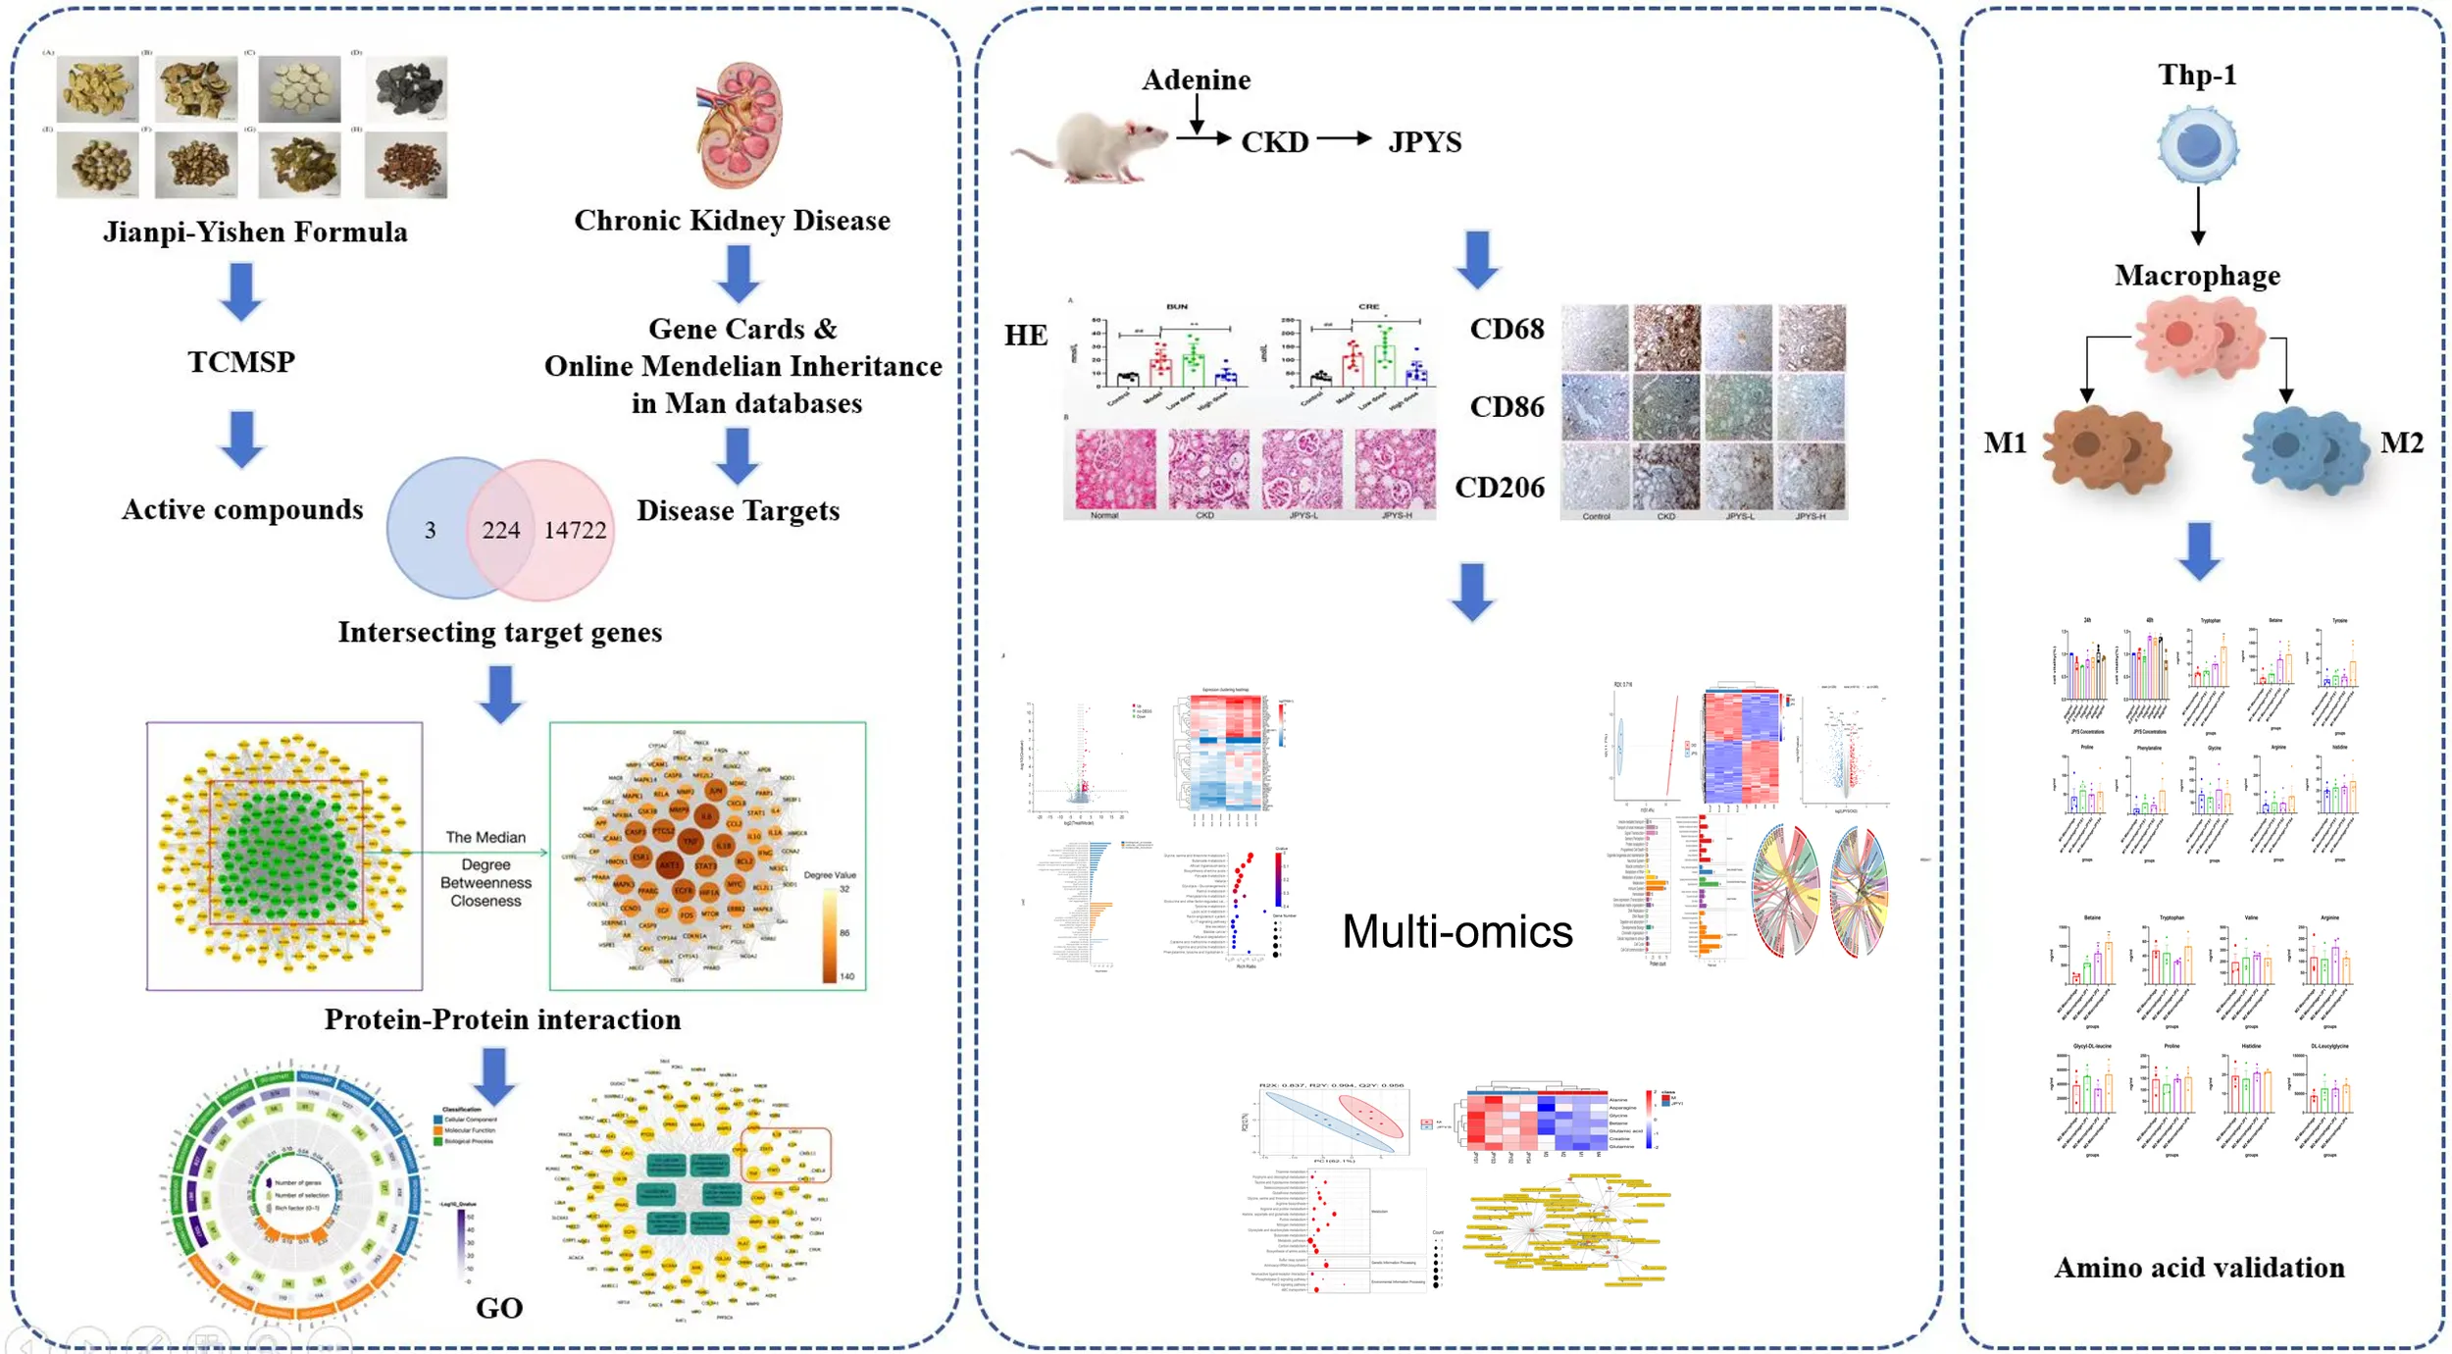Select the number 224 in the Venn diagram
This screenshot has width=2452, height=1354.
coord(500,530)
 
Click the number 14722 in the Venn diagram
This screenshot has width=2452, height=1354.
coord(575,530)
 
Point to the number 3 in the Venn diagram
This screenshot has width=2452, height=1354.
coord(430,530)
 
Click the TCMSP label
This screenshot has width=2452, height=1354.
coord(241,362)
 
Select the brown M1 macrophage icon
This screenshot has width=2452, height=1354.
coord(2107,449)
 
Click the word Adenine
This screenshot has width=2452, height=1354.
coord(1196,79)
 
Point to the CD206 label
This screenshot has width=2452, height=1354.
coord(1499,488)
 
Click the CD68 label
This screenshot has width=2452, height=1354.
coord(1507,329)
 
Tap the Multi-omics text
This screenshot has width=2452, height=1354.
coord(1456,931)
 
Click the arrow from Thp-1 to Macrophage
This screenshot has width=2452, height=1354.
coord(2198,216)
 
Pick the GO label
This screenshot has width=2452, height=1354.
coord(499,1308)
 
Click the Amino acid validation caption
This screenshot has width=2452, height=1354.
coord(2199,1268)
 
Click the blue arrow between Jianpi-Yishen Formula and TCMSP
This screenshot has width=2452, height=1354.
coord(241,291)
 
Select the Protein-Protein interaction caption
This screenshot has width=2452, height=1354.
coord(502,1019)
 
